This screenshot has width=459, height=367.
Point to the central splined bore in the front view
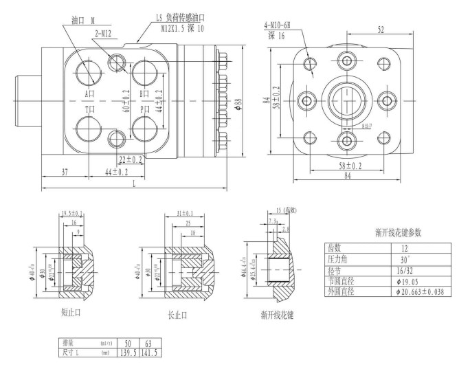[346, 101]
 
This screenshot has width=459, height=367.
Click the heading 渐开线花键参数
[385, 232]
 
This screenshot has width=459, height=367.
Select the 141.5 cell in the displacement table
[150, 351]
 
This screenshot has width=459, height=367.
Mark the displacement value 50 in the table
[127, 342]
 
